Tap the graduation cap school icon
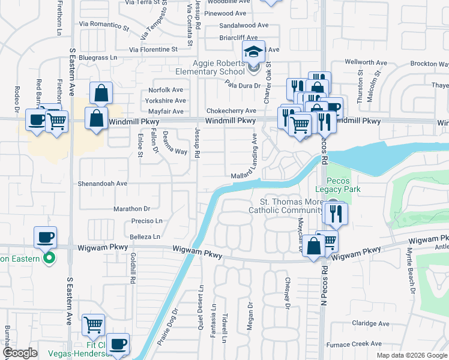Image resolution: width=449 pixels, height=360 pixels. pos(253,52)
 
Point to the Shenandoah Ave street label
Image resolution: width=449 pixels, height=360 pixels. pos(103,184)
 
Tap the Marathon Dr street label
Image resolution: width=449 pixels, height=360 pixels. pos(131,209)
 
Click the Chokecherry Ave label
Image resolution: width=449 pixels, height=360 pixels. pos(231,111)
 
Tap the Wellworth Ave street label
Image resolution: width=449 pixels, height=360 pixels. pos(366,62)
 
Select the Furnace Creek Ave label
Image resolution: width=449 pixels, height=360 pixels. pos(354,344)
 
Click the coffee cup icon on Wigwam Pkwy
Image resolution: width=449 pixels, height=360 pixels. pos(46,236)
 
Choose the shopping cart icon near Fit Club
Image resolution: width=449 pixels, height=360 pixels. pos(93,325)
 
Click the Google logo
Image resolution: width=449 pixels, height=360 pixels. pos(20,353)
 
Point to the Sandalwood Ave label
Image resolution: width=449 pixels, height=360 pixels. pos(244,25)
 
